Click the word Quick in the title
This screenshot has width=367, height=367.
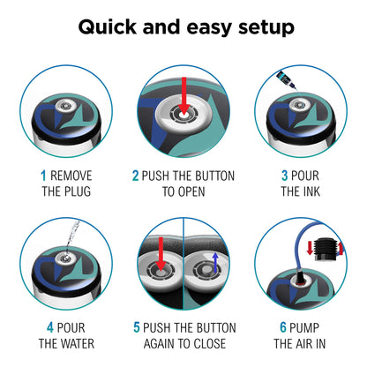108,27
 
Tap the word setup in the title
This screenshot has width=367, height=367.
266,27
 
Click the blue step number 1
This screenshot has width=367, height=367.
43,176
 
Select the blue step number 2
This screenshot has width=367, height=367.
135,176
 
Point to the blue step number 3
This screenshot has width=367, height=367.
284,176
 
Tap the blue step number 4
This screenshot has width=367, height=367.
50,327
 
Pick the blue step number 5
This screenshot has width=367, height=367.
137,327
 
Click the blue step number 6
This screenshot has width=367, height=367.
283,327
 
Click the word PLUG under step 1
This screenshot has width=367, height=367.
78,191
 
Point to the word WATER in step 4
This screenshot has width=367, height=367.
78,343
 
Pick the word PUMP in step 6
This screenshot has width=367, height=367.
304,327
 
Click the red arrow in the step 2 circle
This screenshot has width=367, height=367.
183,96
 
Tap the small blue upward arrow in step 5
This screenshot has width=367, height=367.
215,262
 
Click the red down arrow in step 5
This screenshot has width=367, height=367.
161,254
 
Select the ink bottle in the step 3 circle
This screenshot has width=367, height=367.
286,79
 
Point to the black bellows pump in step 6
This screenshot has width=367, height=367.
325,249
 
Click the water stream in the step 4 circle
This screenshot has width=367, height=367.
72,236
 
